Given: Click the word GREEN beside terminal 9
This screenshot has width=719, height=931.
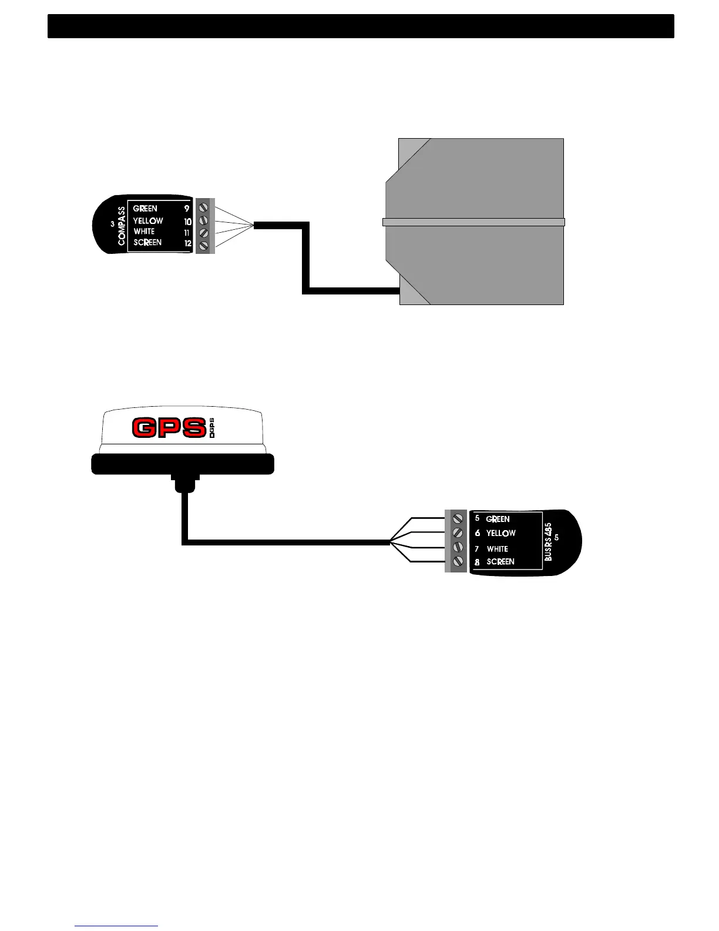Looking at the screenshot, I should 145,209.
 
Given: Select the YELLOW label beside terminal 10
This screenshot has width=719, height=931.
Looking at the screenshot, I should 148,221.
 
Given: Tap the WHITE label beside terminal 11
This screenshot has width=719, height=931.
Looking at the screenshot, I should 144,232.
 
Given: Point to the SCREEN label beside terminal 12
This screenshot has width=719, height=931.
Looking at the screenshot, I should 147,243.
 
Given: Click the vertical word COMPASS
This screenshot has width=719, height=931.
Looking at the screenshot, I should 122,226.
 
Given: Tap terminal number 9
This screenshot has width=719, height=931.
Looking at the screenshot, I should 187,209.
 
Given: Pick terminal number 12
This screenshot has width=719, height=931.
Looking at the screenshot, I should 188,243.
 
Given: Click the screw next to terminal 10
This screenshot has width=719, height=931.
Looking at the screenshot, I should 204,220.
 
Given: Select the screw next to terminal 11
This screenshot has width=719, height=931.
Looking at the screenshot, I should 204,233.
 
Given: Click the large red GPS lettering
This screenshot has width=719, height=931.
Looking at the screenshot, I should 169,428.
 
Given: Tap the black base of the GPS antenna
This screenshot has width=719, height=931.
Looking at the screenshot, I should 183,464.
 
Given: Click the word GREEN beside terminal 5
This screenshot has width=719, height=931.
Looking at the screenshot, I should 498,520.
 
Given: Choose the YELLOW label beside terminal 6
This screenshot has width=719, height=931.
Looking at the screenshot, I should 501,534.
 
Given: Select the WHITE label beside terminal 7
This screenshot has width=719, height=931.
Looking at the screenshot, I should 498,549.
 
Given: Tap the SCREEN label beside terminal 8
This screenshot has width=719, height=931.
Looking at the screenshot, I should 500,562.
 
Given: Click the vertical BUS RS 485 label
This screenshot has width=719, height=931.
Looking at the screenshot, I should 549,542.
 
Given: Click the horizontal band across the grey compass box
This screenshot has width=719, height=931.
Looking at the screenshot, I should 473,222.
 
